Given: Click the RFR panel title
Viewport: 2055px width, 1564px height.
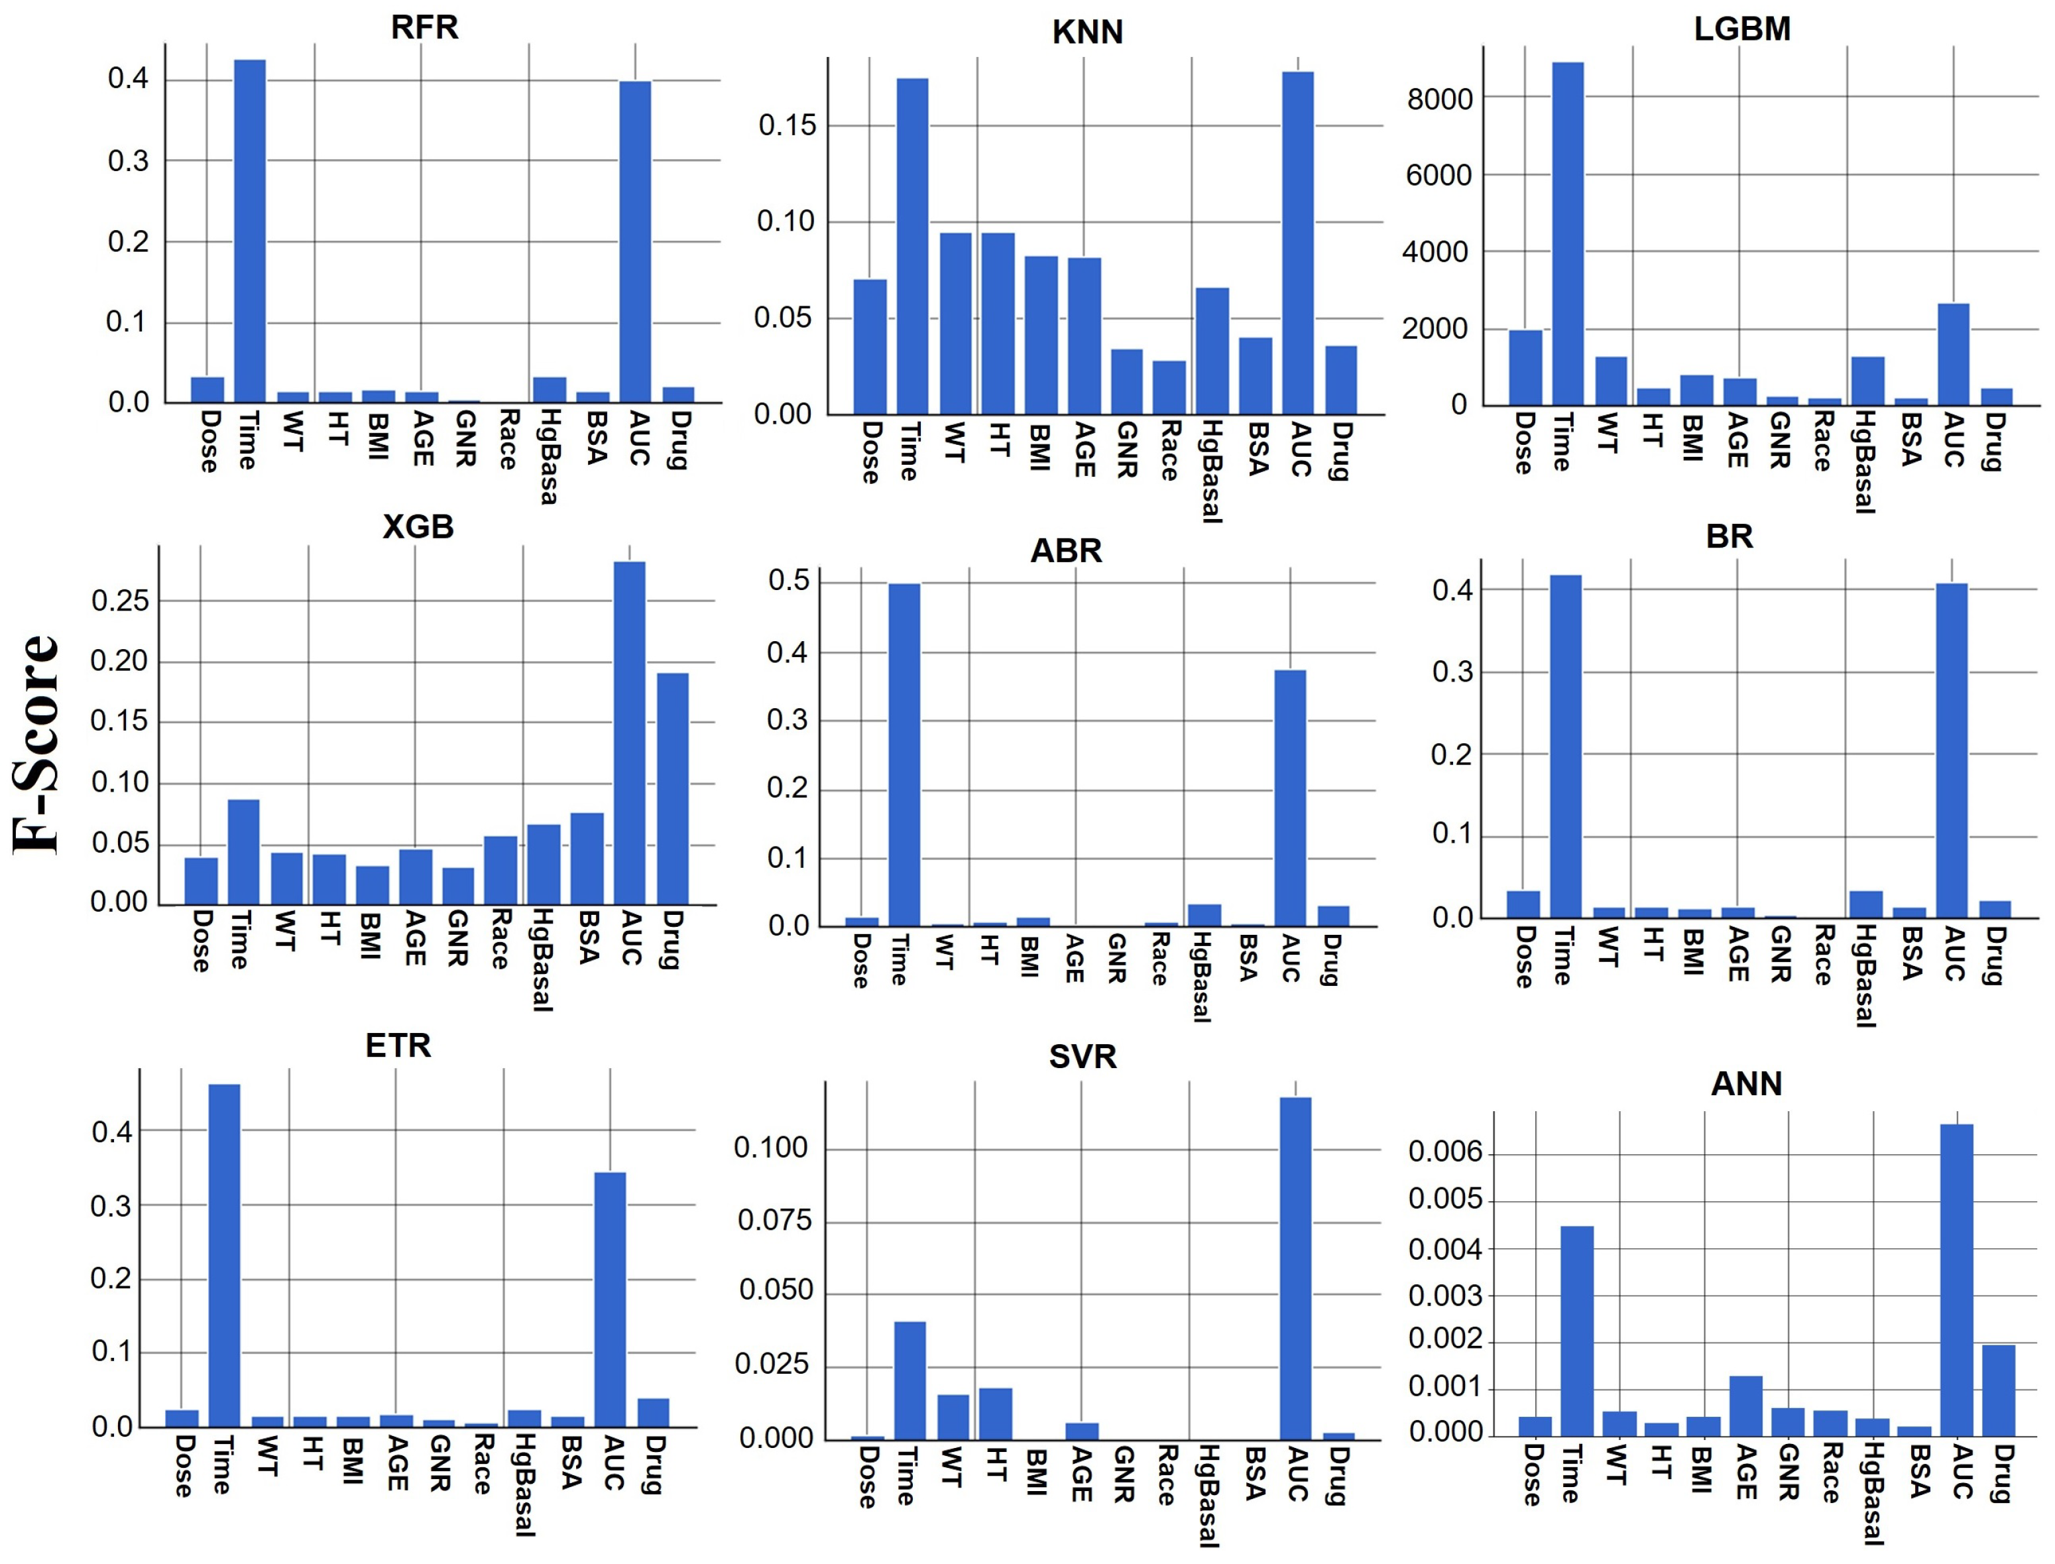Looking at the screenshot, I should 424,28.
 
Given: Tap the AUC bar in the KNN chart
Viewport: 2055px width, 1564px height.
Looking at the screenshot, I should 1297,242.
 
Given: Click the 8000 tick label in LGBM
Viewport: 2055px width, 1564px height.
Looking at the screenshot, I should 1439,99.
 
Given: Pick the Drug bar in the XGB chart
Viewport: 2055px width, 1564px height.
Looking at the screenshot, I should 673,788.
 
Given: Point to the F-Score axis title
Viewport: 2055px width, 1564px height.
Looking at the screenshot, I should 37,745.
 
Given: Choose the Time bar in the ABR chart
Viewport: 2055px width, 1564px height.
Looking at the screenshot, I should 904,754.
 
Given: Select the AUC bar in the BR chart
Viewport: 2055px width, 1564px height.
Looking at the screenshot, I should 1952,749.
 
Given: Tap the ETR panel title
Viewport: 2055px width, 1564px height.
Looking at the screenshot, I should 398,1046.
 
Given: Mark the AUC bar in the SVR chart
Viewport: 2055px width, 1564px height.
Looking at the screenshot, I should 1295,1268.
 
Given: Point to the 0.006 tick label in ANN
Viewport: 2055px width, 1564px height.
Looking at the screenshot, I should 1444,1152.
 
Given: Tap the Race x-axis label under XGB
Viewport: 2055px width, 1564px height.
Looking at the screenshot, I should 500,939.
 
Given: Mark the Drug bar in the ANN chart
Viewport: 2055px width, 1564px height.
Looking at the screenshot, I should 1998,1390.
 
